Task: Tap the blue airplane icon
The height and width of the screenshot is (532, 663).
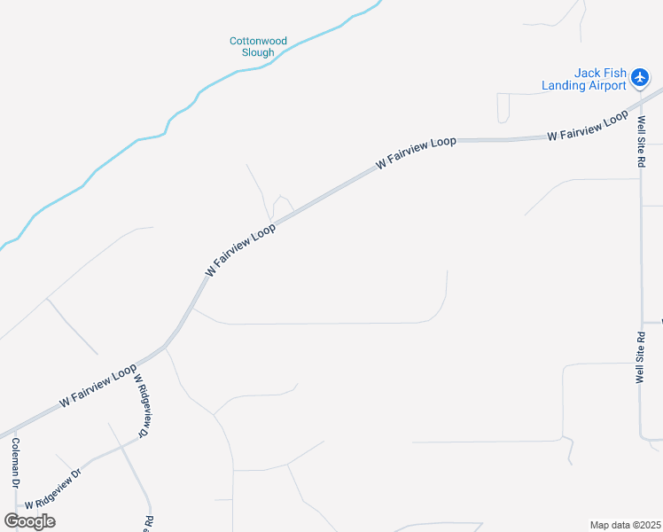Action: (640, 78)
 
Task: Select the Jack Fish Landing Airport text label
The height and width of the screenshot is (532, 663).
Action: (587, 80)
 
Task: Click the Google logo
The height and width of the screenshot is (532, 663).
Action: (29, 520)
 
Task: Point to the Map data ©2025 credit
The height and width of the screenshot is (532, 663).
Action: (626, 525)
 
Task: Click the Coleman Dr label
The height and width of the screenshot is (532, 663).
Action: (15, 466)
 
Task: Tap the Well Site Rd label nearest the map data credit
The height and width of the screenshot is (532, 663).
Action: (640, 357)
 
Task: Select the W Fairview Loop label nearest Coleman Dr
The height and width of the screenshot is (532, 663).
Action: (97, 385)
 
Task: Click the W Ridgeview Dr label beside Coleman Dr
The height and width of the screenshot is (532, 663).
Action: (52, 487)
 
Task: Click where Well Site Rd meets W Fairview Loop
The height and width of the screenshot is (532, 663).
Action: (640, 104)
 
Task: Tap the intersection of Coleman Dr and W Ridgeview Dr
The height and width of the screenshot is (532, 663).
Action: (16, 506)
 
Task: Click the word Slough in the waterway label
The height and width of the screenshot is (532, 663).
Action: (258, 52)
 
